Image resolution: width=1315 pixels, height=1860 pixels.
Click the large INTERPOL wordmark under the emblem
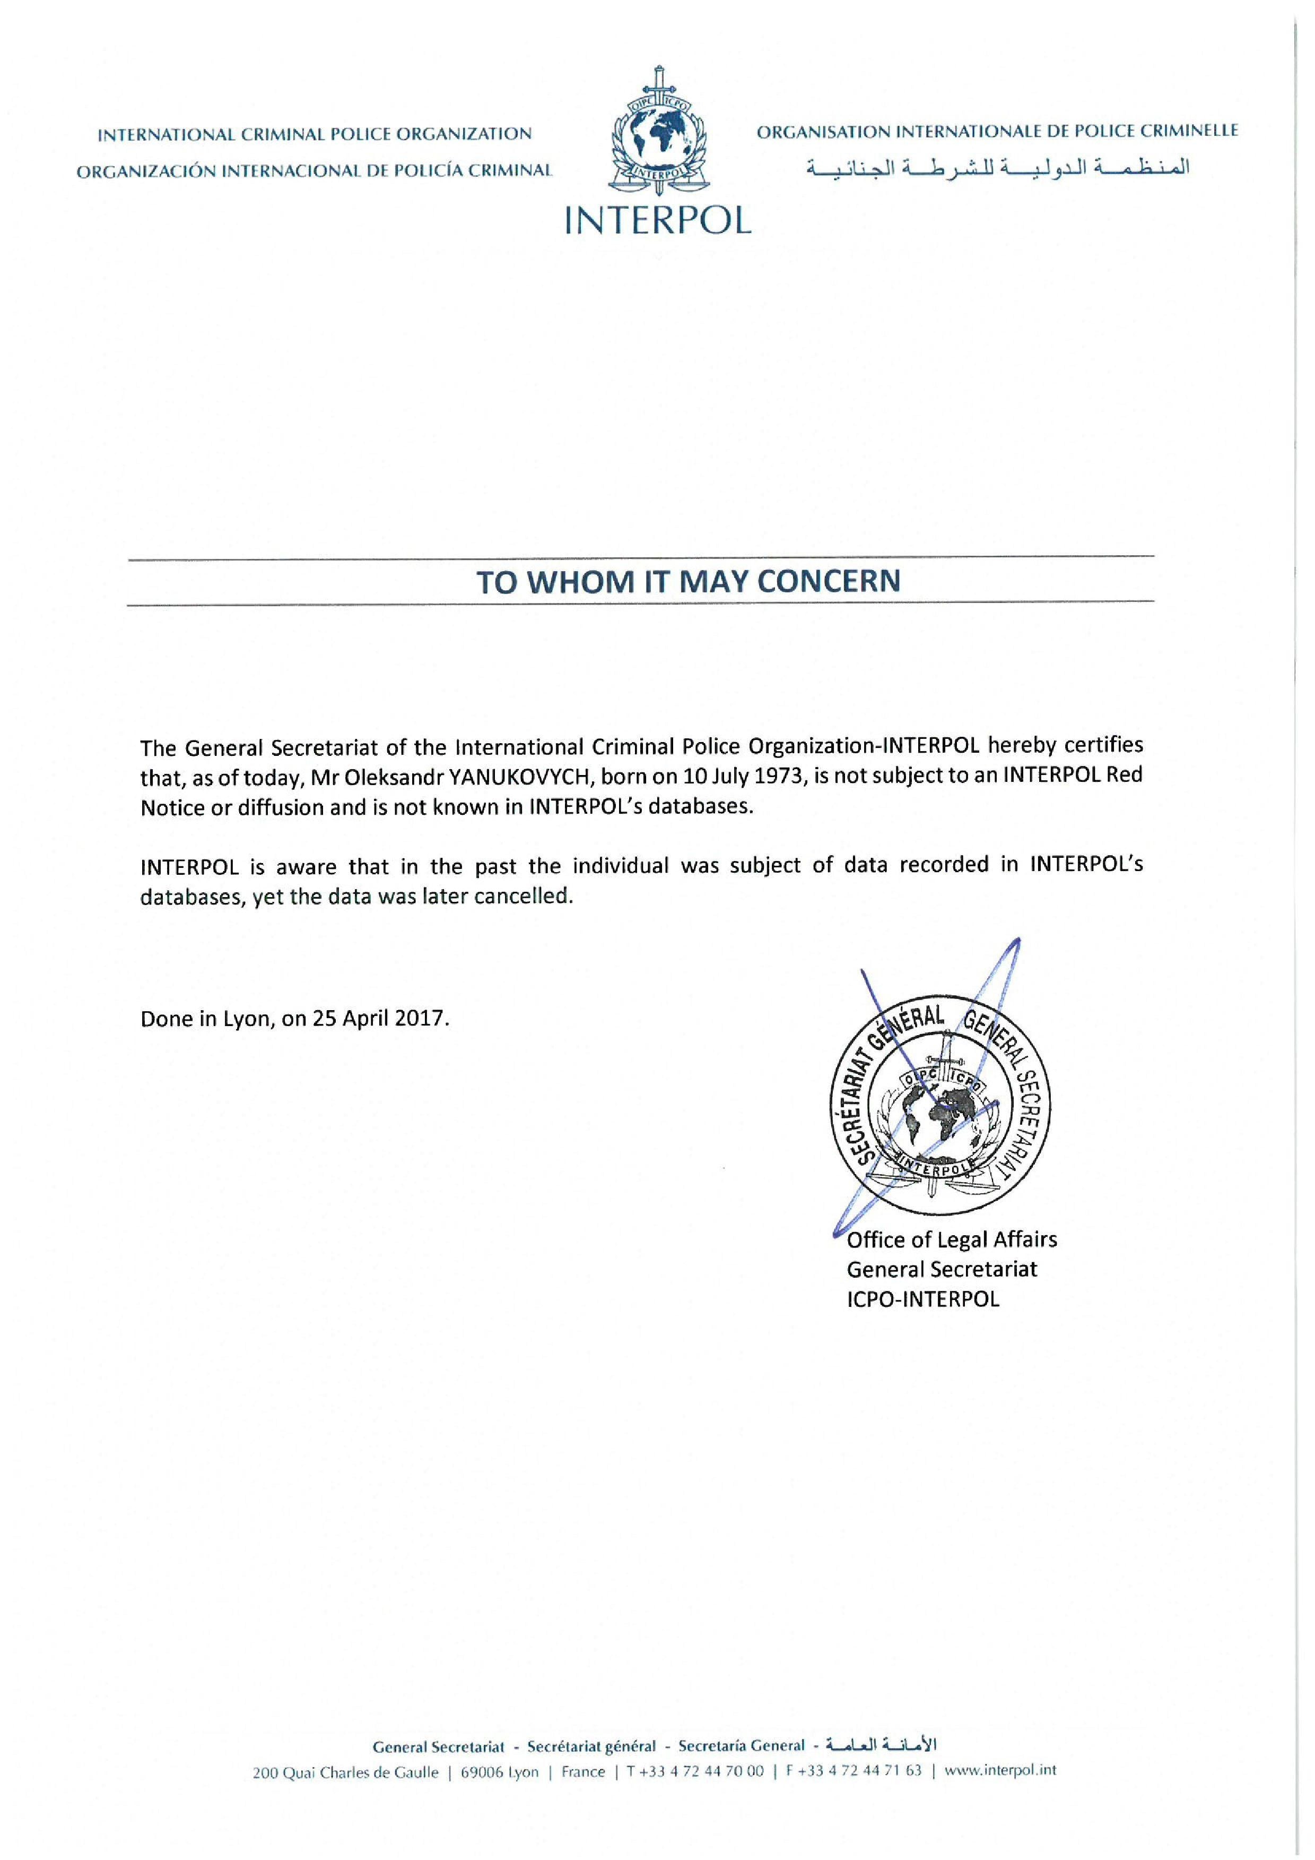coord(658,219)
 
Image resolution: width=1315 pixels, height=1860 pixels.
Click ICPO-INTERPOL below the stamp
coord(923,1299)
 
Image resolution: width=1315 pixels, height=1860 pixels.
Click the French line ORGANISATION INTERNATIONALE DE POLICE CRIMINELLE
coord(998,131)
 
